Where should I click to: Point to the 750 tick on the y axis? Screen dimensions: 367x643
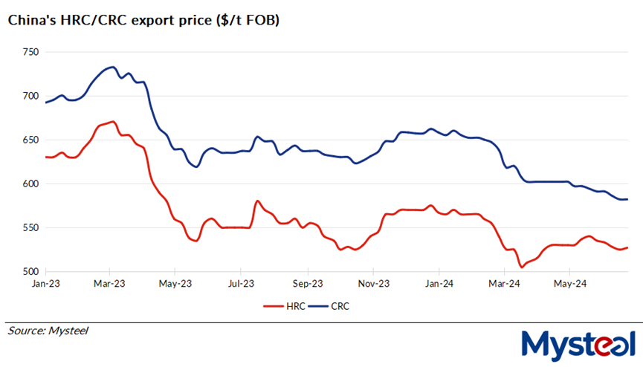point(30,52)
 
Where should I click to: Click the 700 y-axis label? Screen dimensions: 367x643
point(30,96)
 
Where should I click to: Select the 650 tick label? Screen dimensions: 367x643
point(30,140)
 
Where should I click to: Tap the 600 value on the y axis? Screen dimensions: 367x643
point(30,183)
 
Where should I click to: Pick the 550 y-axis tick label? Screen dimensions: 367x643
point(30,227)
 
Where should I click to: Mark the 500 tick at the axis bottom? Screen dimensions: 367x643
point(30,271)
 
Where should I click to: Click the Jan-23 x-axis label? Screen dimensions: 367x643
point(45,283)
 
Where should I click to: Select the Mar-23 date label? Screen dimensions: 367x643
point(109,283)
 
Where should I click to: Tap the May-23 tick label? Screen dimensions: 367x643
point(174,283)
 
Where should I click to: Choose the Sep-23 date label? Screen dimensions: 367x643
point(307,283)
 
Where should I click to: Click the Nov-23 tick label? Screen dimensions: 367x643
point(374,283)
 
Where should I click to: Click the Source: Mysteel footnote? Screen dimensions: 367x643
point(48,330)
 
